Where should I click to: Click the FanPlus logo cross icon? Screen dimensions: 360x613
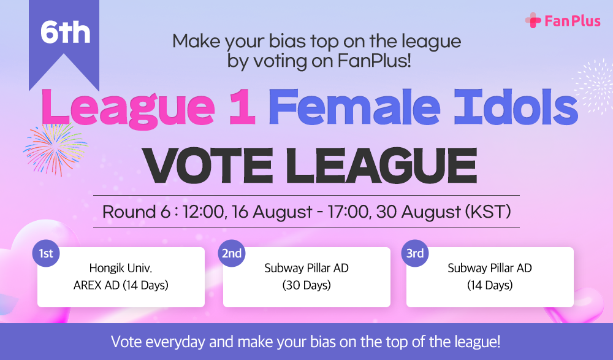(533, 21)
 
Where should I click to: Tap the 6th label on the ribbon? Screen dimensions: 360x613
(66, 33)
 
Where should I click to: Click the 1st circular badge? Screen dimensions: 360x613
(45, 253)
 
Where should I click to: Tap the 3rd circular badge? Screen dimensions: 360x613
(415, 253)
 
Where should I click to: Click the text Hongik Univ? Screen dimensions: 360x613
(121, 268)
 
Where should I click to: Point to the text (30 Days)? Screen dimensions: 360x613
(306, 285)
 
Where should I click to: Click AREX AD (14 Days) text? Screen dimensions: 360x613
(121, 285)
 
